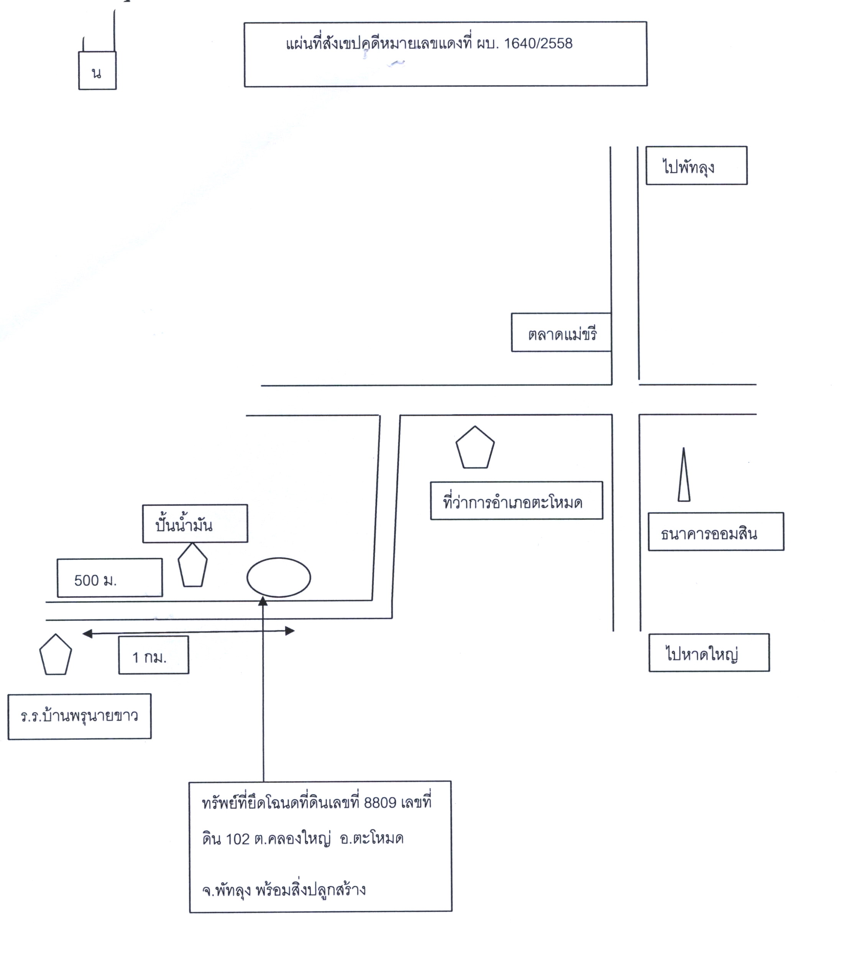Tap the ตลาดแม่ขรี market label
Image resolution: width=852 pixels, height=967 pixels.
[563, 335]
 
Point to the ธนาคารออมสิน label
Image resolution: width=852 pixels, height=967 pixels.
[709, 534]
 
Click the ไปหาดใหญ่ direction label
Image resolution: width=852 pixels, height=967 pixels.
[702, 654]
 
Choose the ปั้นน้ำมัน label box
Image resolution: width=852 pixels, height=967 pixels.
[195, 523]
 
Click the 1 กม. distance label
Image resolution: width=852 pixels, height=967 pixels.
[149, 657]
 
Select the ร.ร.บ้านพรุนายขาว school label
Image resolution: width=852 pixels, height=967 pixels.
[79, 716]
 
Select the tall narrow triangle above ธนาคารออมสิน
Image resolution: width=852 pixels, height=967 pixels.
[684, 474]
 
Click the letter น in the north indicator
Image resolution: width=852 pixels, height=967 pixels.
[97, 73]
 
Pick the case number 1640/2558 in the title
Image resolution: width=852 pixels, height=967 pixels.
[538, 44]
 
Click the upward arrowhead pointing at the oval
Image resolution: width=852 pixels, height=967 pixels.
[263, 601]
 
